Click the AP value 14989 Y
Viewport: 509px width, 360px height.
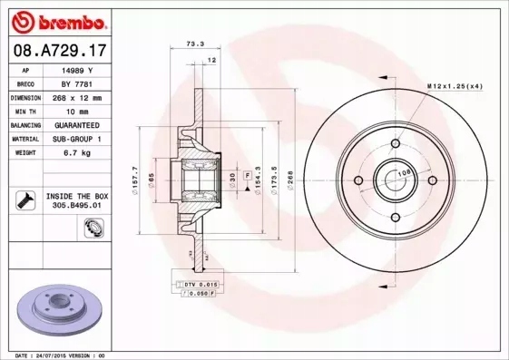[x=79, y=70]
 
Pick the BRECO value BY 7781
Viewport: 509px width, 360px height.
[x=79, y=83]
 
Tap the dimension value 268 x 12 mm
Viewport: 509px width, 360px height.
[x=79, y=97]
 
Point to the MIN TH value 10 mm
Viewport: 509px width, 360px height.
[x=79, y=111]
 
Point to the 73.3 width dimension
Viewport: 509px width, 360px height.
[x=193, y=43]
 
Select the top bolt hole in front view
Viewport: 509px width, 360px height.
[x=394, y=143]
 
